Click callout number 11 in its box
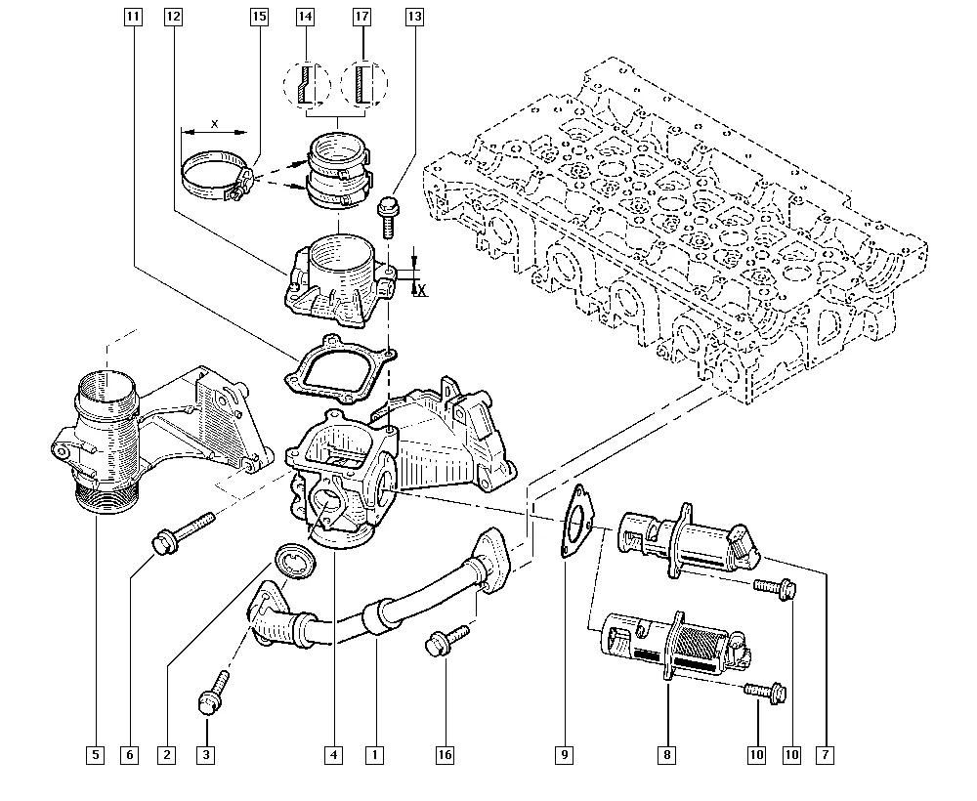(x=133, y=17)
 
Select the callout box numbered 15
(x=259, y=17)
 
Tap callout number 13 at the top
(x=415, y=17)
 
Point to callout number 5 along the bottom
(x=95, y=754)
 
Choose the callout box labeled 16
(x=446, y=754)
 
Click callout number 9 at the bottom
(x=565, y=754)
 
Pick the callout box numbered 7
(x=827, y=754)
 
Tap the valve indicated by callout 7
(x=689, y=540)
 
